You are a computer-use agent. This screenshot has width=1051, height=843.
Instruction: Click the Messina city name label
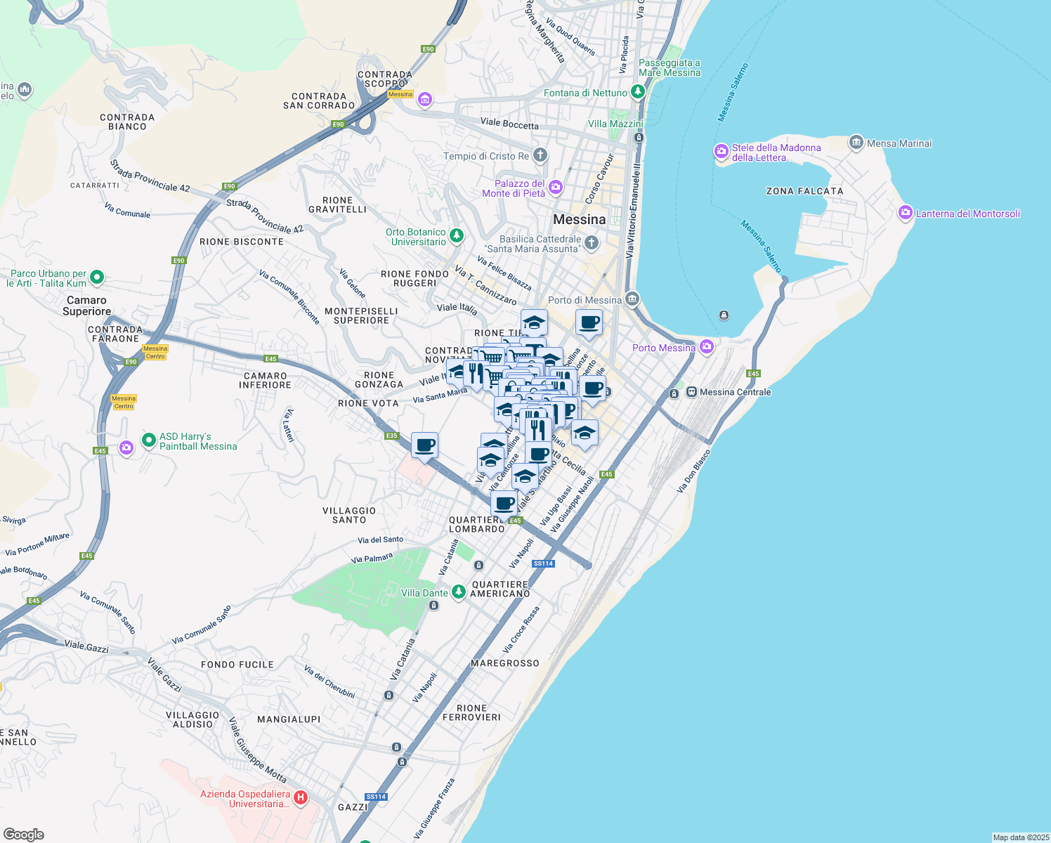tap(579, 220)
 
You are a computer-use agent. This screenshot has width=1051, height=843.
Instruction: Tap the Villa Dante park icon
tap(459, 592)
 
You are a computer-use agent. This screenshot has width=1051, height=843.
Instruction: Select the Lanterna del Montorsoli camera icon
tap(906, 213)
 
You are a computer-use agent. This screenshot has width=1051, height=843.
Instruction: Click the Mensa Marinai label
tap(899, 143)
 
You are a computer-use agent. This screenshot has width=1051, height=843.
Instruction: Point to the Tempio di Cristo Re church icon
tap(540, 155)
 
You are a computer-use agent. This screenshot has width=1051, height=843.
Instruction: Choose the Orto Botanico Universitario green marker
tap(457, 235)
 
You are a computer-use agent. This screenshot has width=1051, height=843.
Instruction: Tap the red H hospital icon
tap(300, 797)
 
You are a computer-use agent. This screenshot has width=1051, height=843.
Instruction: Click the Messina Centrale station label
tap(735, 392)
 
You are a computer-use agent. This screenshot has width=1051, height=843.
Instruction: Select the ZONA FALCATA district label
tap(804, 191)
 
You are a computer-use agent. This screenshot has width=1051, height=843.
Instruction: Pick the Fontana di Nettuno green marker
tap(637, 91)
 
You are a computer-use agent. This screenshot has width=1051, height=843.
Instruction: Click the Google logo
tap(24, 835)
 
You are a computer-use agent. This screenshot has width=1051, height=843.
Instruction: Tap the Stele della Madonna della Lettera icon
tap(721, 151)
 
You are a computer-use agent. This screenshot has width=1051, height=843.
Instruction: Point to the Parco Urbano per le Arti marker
tap(97, 277)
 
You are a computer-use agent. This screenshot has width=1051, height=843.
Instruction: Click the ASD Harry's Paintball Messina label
tap(198, 441)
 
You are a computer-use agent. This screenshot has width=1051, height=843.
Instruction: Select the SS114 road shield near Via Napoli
tap(543, 563)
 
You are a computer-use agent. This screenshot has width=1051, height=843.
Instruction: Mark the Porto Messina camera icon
tap(706, 346)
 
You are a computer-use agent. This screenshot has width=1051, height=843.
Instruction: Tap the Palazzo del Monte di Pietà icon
tap(556, 187)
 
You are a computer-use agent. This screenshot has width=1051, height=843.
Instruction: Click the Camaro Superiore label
tap(86, 306)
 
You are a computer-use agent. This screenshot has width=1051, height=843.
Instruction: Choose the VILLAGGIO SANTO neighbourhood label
tap(349, 515)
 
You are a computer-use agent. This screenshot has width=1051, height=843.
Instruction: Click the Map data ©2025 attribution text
tap(1021, 837)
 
